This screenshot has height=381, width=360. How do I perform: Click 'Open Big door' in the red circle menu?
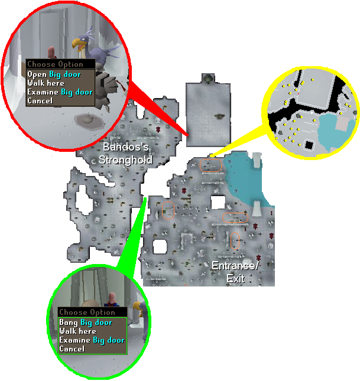[54, 74]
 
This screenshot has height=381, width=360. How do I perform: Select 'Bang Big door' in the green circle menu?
[86, 323]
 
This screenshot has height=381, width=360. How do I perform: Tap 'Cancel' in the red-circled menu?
[40, 100]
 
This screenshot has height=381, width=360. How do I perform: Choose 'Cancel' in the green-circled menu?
[72, 349]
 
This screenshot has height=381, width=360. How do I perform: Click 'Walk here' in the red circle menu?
[46, 83]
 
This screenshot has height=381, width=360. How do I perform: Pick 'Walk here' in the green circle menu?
[78, 331]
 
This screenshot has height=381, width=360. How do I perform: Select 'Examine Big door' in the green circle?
[92, 340]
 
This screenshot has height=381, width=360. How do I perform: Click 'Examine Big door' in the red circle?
[60, 92]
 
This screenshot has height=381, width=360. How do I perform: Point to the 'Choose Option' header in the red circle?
[55, 64]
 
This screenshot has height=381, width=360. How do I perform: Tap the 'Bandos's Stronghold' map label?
[126, 154]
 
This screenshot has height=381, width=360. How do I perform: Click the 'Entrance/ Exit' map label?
[235, 272]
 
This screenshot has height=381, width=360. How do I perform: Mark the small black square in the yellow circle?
[309, 145]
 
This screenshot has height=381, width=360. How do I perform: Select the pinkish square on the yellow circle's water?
[343, 123]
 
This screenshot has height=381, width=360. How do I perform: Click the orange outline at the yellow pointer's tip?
[210, 165]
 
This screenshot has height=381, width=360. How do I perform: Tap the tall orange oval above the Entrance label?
[235, 241]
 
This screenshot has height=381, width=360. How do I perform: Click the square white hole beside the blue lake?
[218, 202]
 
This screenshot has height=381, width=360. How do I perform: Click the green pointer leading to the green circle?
[133, 237]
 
